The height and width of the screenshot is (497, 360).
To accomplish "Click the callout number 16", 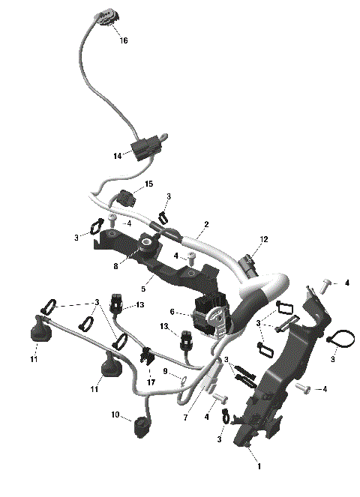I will tap(124, 40).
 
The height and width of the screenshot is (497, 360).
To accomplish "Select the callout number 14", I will tap(118, 156).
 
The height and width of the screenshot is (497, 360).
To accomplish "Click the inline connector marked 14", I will tap(144, 147).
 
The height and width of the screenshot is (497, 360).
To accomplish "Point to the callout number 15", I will tap(148, 184).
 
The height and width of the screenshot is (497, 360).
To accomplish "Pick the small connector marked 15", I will tap(124, 200).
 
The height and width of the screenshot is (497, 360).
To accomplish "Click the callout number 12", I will tap(263, 240).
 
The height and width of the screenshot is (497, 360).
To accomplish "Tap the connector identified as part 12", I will tap(248, 264).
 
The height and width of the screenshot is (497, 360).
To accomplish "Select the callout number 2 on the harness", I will tap(205, 224).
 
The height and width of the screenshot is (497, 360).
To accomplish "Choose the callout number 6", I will tap(172, 312).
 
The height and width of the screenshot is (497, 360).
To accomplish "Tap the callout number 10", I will tap(115, 415).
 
